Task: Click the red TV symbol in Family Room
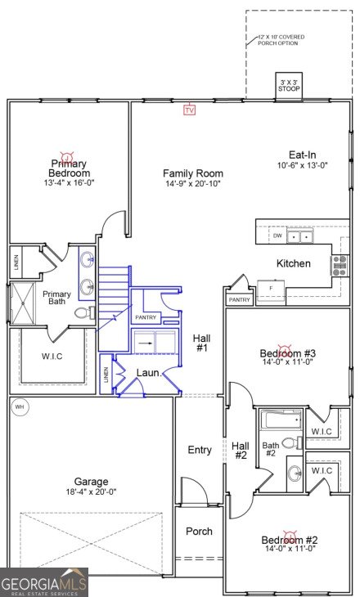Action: point(190,110)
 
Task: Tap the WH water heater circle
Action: point(19,406)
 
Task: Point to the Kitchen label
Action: point(293,263)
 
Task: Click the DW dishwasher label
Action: point(277,236)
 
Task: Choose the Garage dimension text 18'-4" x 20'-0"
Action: point(90,492)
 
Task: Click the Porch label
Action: point(199,531)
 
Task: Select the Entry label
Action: point(200,450)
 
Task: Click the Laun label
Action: point(147,373)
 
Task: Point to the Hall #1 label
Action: point(201,343)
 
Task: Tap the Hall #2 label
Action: point(241,451)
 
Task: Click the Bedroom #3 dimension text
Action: point(288,361)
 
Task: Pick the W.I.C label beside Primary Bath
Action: point(52,356)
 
